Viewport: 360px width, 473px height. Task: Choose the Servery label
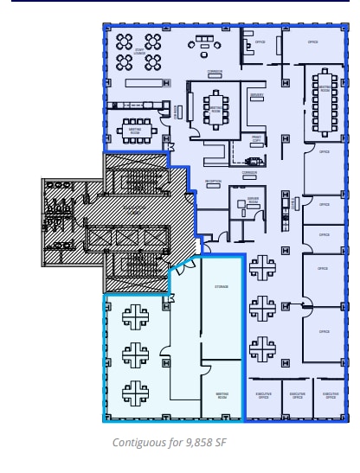[256, 95]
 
